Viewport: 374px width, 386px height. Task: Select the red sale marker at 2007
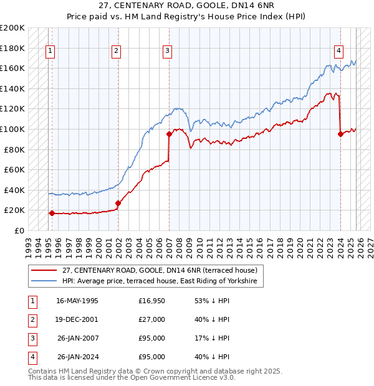(x=169, y=134)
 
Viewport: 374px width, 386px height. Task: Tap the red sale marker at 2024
(x=340, y=134)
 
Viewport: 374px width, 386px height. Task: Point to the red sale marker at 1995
(x=52, y=213)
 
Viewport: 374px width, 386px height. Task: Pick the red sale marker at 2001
(x=118, y=203)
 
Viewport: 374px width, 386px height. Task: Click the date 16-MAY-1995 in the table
(x=77, y=301)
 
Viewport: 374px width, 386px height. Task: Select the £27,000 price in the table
(x=152, y=319)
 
